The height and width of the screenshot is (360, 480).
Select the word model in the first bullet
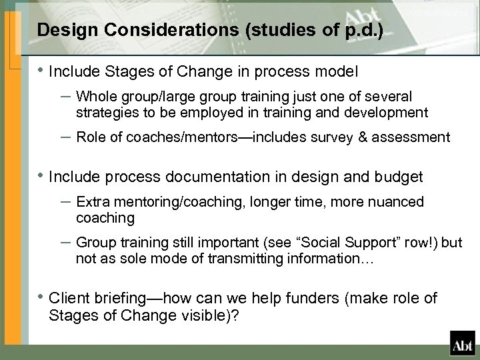(x=337, y=70)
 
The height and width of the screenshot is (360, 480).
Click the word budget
(x=397, y=177)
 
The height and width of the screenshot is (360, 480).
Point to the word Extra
(x=93, y=202)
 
